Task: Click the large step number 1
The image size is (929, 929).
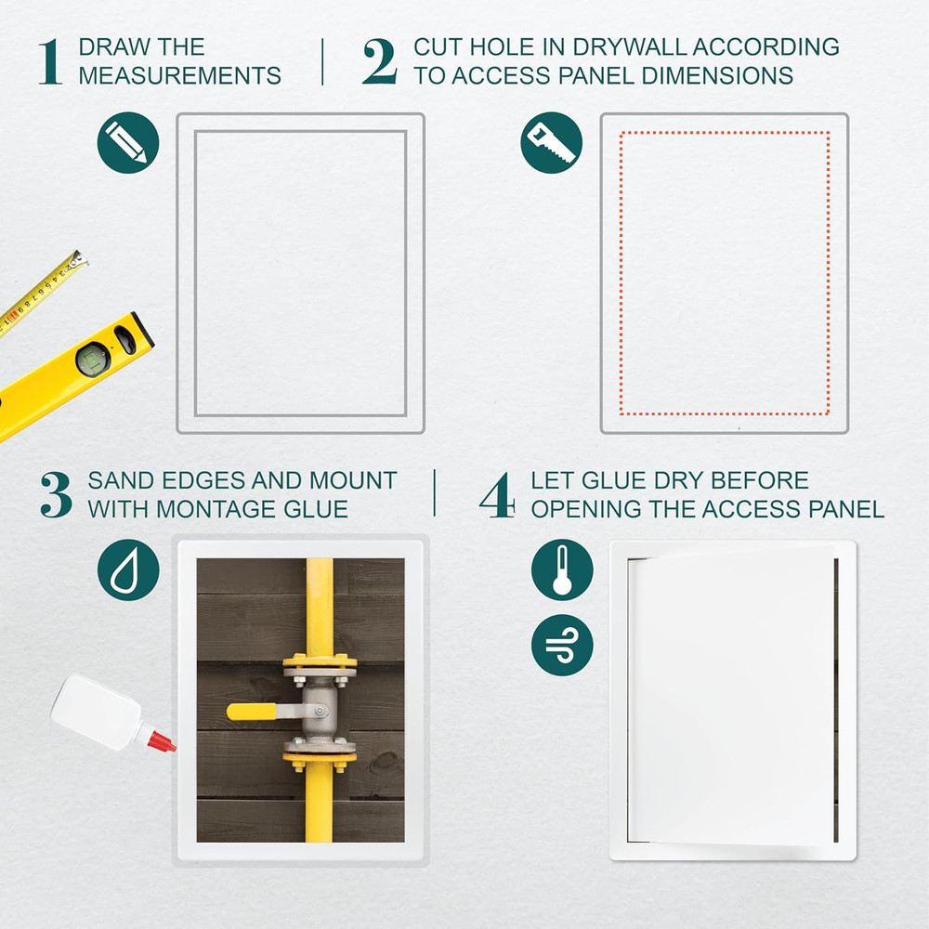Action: tap(51, 61)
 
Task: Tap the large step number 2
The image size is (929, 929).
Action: tap(380, 61)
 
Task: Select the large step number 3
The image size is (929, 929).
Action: tap(57, 495)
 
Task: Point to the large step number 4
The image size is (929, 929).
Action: tap(496, 495)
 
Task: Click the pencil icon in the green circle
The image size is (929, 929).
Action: tap(128, 143)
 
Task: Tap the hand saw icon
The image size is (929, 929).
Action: tap(552, 143)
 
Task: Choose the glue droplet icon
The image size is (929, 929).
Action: tap(128, 570)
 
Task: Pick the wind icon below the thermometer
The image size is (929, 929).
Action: tap(562, 646)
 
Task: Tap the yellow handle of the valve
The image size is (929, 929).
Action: tap(251, 711)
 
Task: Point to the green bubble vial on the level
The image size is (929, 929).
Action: tap(93, 359)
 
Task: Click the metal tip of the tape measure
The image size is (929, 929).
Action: tap(78, 258)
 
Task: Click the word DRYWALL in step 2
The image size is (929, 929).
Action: tap(629, 46)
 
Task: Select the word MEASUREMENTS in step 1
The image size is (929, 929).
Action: tap(180, 76)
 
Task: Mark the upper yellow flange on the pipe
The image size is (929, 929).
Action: tap(320, 661)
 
